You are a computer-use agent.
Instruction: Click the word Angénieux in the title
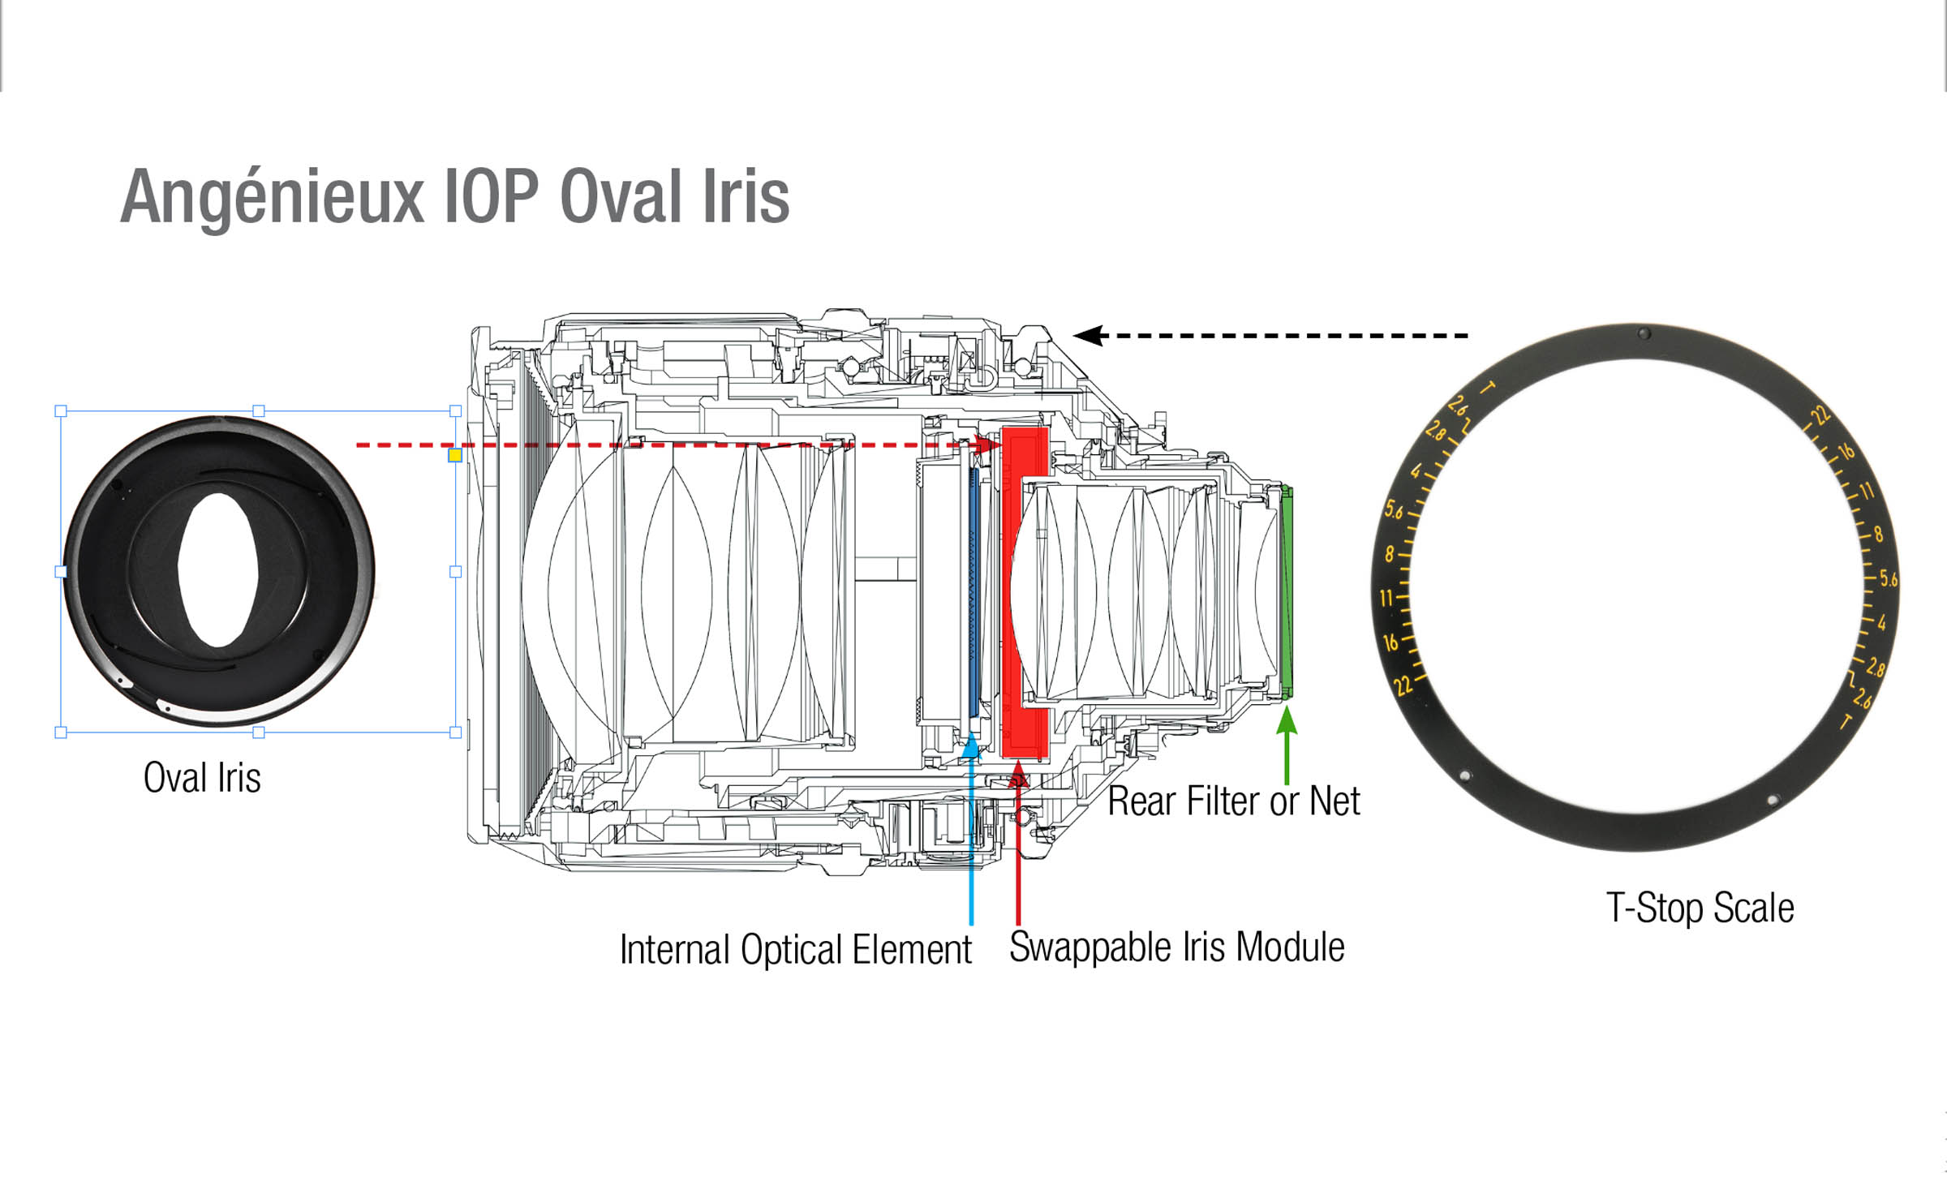(x=272, y=197)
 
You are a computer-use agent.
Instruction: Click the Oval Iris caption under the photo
(x=202, y=777)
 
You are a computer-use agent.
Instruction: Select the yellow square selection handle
(x=455, y=455)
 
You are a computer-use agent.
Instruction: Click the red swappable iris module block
(x=1024, y=592)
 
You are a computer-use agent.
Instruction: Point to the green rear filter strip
(x=1287, y=592)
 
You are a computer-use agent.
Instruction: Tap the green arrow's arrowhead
(x=1287, y=720)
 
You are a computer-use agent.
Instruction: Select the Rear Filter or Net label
(x=1233, y=801)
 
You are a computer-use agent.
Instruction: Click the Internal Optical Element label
(x=795, y=950)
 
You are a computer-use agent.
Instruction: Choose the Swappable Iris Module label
(x=1176, y=947)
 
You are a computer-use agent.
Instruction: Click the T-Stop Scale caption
(x=1700, y=908)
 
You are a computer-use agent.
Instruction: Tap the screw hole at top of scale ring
(x=1644, y=333)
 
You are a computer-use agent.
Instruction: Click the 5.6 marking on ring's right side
(x=1889, y=579)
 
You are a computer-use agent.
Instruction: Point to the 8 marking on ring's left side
(x=1390, y=555)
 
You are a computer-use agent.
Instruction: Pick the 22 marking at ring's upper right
(x=1820, y=416)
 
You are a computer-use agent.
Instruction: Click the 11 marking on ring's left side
(x=1386, y=599)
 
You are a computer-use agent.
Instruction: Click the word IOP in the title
(x=492, y=197)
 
